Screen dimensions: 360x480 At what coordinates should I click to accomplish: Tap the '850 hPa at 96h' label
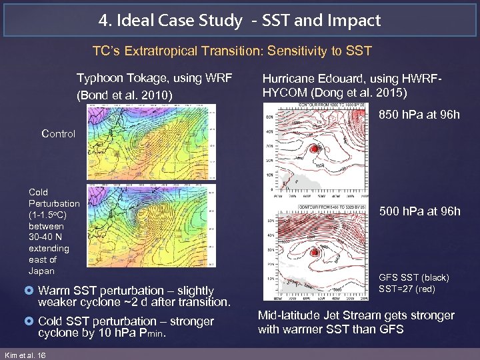click(419, 115)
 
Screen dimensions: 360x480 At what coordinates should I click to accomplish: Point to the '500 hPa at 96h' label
click(419, 211)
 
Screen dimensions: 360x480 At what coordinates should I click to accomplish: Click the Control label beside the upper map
click(58, 133)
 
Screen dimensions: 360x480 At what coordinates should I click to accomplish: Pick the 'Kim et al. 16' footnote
click(25, 355)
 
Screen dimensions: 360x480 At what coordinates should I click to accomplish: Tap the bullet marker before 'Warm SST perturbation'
click(30, 291)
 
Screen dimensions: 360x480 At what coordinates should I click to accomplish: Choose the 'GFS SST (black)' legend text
click(413, 277)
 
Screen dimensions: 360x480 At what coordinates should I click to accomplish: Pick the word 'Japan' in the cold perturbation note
click(41, 271)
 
